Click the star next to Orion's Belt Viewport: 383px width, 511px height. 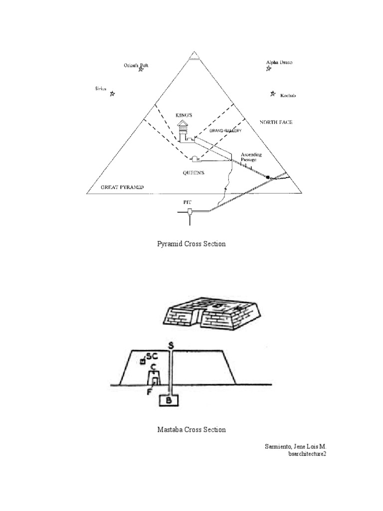[x=141, y=70]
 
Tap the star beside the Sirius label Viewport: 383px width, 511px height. [x=112, y=93]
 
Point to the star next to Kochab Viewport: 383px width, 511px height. [x=272, y=93]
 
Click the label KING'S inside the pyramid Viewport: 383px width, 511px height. [x=184, y=115]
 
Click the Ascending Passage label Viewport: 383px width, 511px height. [x=250, y=157]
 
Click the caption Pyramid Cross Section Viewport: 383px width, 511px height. [x=191, y=244]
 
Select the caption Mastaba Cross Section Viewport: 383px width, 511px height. [x=191, y=430]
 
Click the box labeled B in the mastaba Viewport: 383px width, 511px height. [x=169, y=400]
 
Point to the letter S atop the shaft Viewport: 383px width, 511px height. [x=171, y=344]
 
